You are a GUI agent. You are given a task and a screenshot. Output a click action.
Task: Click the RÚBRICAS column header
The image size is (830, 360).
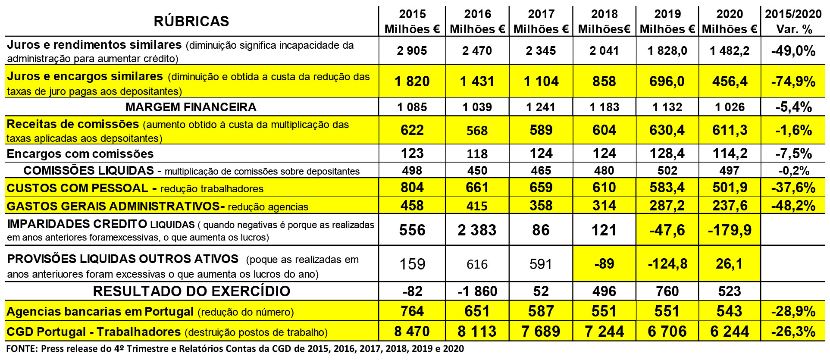click(x=191, y=21)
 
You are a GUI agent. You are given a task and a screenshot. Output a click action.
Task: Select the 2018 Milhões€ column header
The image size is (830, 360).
click(x=604, y=22)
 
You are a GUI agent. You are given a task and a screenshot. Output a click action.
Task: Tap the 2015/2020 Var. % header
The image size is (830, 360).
click(x=793, y=22)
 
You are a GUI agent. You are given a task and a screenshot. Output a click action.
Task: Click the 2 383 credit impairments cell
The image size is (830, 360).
click(x=477, y=230)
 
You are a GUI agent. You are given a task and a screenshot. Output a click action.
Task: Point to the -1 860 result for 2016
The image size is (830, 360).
click(x=477, y=291)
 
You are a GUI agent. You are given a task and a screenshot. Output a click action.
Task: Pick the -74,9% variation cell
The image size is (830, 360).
click(x=793, y=81)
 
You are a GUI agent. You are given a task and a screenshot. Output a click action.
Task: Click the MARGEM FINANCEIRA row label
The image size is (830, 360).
click(x=191, y=107)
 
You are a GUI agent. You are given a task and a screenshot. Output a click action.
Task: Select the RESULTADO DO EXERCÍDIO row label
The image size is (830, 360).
click(x=191, y=291)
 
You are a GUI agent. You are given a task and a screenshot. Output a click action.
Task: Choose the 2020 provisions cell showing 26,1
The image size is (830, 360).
click(x=729, y=264)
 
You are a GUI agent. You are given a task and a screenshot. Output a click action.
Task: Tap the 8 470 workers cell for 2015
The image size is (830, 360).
click(x=412, y=332)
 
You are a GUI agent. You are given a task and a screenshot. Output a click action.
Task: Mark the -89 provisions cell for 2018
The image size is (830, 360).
click(x=604, y=264)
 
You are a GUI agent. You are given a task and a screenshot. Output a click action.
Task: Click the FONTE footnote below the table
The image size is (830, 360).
click(x=235, y=349)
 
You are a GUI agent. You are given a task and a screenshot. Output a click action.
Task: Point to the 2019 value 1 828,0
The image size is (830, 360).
click(x=667, y=51)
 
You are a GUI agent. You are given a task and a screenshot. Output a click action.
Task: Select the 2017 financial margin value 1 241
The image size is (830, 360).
click(x=541, y=107)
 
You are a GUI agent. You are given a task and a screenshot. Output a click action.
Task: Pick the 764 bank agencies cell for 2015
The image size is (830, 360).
click(x=412, y=311)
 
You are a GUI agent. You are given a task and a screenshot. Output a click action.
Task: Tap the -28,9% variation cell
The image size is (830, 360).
click(x=793, y=311)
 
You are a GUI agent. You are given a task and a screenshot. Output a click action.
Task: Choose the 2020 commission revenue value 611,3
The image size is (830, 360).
click(x=729, y=130)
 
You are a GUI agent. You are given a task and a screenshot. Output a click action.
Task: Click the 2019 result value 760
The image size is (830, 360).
click(x=667, y=291)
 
